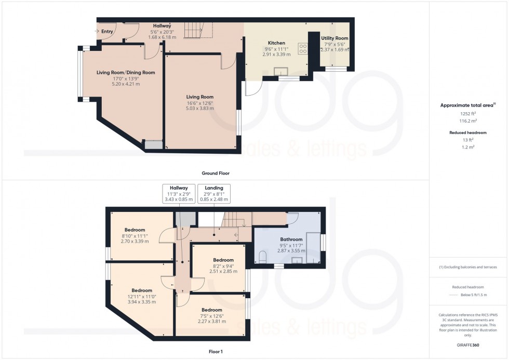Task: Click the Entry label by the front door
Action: pos(107,32)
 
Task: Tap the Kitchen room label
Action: pos(276,43)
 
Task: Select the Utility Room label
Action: pos(334,38)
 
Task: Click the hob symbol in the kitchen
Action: pos(302,48)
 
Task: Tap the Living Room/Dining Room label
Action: pos(126,72)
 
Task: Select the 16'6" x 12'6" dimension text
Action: pos(200,103)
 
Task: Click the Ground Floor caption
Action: pos(215,173)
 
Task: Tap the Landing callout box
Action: pos(213,193)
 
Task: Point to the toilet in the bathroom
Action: pos(263,256)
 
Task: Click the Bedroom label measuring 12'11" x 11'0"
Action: pos(141,290)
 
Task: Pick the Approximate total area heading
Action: pos(467,105)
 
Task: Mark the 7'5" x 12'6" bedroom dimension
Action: pos(211,316)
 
